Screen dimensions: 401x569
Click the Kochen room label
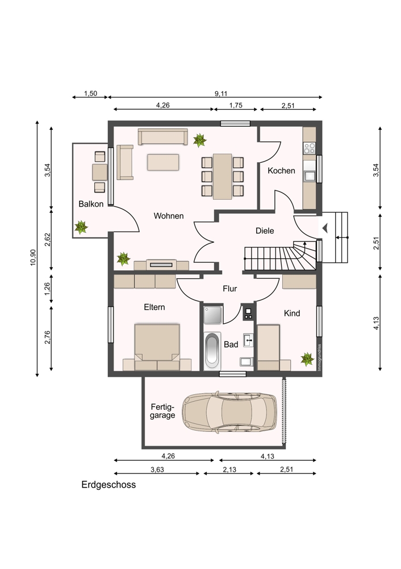coord(281,171)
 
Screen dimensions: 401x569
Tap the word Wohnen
coord(169,216)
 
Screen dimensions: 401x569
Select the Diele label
coord(265,231)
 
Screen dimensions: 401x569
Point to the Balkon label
coord(91,204)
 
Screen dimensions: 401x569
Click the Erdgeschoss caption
coord(108,485)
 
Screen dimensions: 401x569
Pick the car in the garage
coord(229,412)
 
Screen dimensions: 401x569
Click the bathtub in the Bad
coord(212,351)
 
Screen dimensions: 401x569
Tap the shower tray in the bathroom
coord(212,315)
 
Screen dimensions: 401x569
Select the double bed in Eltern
coord(157,347)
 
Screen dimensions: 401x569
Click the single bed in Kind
coord(269,348)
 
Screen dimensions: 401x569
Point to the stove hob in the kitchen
coord(310,148)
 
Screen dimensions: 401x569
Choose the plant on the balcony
coord(81,227)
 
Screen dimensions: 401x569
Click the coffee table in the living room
coord(163,162)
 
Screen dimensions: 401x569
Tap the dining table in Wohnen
coord(223,176)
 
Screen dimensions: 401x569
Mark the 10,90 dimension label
coord(33,257)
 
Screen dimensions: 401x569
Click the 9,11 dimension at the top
coord(221,94)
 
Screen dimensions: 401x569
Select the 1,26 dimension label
coord(47,289)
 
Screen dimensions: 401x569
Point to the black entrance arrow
coord(325,228)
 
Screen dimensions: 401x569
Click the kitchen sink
coord(310,176)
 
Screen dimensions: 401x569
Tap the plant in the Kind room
coord(307,359)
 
